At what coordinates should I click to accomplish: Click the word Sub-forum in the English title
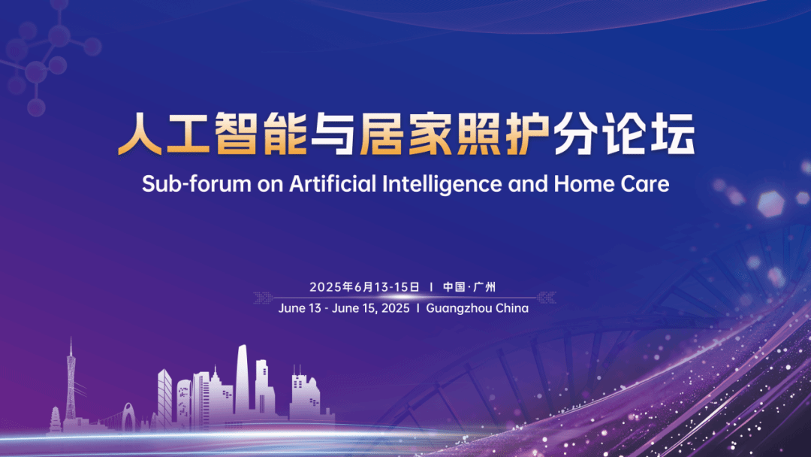coord(196,184)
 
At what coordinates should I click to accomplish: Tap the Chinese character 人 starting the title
coord(140,134)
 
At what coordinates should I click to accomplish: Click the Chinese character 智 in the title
coord(236,134)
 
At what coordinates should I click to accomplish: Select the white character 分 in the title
coord(575,134)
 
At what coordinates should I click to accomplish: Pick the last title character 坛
coord(672,134)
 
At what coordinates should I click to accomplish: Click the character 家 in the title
coord(430,134)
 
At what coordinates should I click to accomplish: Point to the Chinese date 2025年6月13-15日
coord(365,286)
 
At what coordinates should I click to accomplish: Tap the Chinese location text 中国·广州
coord(469,286)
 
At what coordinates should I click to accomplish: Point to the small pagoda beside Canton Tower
coord(56,419)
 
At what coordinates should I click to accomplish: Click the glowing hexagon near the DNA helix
coord(770,204)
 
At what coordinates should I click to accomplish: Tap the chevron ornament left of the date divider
coord(264,298)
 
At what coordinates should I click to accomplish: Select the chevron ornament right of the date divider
coord(546,298)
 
